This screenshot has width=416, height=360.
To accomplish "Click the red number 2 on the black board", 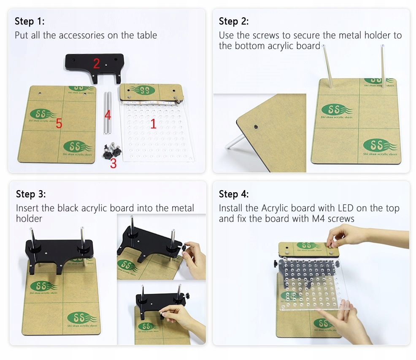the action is tap(97, 64).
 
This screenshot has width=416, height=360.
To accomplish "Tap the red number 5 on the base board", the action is tap(59, 123).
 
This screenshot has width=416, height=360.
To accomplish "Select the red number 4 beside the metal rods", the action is tap(108, 116).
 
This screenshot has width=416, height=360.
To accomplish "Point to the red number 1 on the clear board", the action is tap(153, 124).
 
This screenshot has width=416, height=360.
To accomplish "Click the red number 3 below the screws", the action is tap(113, 164).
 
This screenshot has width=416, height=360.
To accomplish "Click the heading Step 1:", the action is tap(30, 21).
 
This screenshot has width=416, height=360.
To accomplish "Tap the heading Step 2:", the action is tap(234, 21).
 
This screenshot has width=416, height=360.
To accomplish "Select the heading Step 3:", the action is tap(31, 194).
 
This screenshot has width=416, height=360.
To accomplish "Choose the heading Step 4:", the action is tap(234, 194).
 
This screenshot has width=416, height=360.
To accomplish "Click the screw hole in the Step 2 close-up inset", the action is tap(256, 127).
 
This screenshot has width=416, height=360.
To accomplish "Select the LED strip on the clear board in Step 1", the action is tap(151, 102).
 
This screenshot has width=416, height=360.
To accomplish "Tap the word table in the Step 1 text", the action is tap(147, 35).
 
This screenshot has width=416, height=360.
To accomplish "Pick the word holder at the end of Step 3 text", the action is tap(29, 219).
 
